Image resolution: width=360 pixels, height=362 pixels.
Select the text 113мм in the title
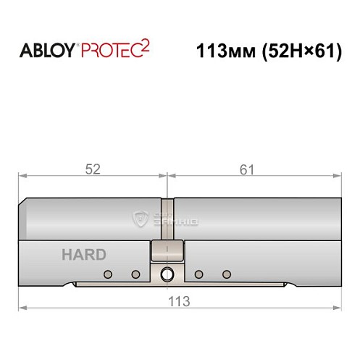point(222,52)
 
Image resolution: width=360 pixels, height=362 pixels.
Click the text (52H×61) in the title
point(302,52)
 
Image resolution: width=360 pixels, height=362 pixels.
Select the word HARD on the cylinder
point(83,254)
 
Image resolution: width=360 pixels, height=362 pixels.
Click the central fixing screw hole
point(168,274)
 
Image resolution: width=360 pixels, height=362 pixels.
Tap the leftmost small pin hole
point(109,274)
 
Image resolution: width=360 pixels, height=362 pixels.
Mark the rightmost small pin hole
point(227,274)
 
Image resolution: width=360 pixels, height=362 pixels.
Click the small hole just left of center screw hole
point(135,274)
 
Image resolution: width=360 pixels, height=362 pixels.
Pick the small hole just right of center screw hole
point(200,274)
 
